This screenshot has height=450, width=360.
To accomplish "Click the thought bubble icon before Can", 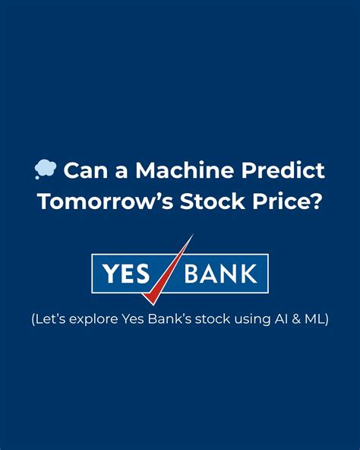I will point(46,170).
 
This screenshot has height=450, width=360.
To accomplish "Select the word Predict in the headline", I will point(282,170).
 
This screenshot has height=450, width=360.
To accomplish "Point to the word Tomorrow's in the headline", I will point(106,203).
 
